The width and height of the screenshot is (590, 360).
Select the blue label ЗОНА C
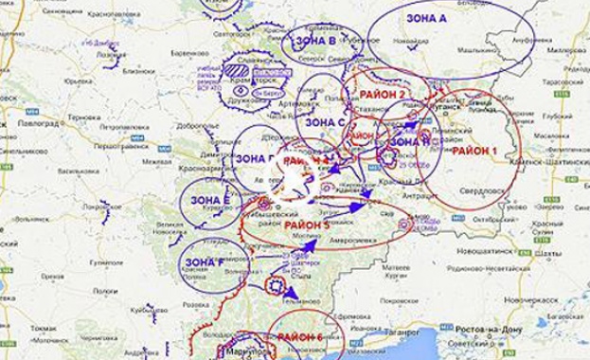pos(328,122)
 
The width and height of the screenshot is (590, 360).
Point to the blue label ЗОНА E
pos(208,201)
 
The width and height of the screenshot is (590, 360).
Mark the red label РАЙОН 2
pos(379,95)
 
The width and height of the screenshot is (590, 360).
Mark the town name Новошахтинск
pos(488,253)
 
